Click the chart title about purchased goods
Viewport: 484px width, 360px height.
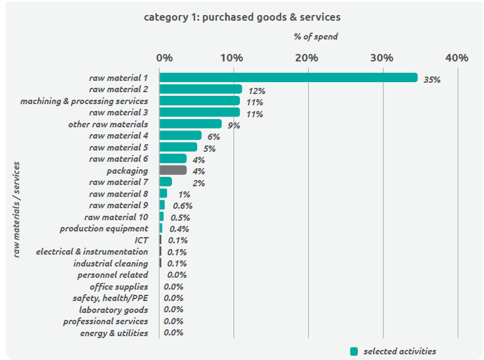[x=242, y=17]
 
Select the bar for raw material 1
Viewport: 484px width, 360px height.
[x=288, y=78]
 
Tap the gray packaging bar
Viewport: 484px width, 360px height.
[x=173, y=170]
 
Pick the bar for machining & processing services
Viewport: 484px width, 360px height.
[x=200, y=101]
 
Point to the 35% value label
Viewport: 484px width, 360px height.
[x=432, y=80]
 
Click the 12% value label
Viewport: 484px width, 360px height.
[x=257, y=91]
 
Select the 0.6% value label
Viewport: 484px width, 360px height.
[x=183, y=206]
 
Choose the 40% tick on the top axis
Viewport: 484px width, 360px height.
[x=456, y=58]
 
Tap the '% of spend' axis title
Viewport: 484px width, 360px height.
[x=316, y=36]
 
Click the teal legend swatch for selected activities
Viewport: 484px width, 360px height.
[x=354, y=351]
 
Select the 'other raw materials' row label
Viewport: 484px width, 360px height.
[x=108, y=124]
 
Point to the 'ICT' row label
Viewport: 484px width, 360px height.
[x=141, y=240]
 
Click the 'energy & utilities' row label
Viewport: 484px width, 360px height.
[x=114, y=333]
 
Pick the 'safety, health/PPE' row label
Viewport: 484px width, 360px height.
[x=110, y=298]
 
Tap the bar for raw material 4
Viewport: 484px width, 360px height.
[x=181, y=135]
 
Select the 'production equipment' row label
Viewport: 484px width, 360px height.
[x=104, y=228]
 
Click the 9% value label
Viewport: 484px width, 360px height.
[x=234, y=125]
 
